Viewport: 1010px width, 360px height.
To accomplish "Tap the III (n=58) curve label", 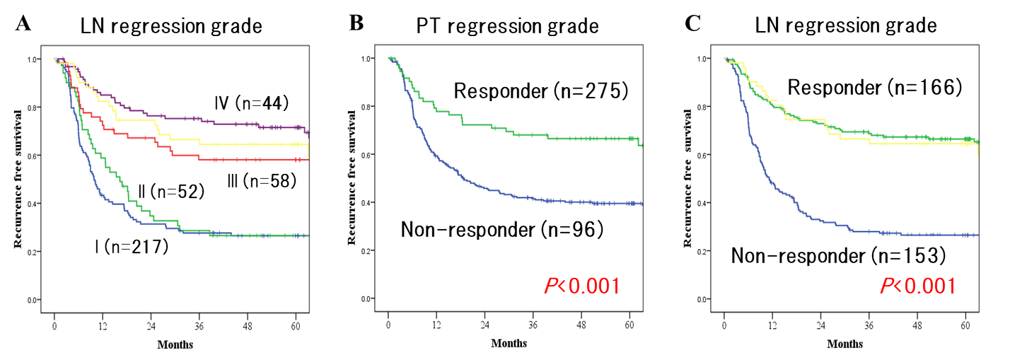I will click(261, 182).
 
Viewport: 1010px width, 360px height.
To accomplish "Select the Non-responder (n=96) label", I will click(501, 230).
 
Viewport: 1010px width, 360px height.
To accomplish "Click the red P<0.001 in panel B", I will click(581, 286).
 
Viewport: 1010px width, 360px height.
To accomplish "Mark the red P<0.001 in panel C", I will click(917, 286).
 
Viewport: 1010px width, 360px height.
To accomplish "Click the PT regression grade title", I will click(506, 27).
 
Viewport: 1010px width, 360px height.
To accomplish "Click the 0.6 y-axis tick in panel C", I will click(710, 155).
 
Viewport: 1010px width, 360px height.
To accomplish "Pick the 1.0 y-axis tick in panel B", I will click(375, 59).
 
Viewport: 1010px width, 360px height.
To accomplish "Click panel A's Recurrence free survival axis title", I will click(20, 180).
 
